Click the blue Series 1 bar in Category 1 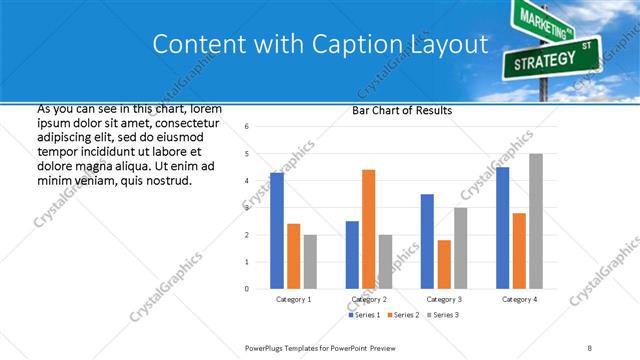[276, 231]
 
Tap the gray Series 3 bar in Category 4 [536, 221]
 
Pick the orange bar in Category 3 [443, 264]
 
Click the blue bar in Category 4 [502, 228]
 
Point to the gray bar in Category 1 [310, 261]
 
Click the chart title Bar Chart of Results [402, 111]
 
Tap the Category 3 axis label [444, 299]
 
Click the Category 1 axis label [293, 299]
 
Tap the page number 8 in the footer [590, 347]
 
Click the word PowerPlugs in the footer [267, 347]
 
